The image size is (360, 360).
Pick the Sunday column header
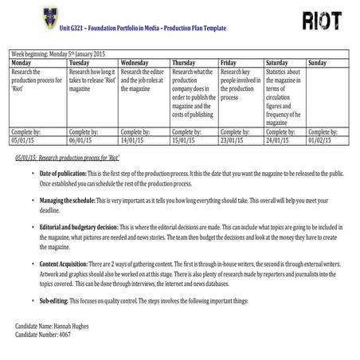(317, 62)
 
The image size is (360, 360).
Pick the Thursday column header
(184, 62)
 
